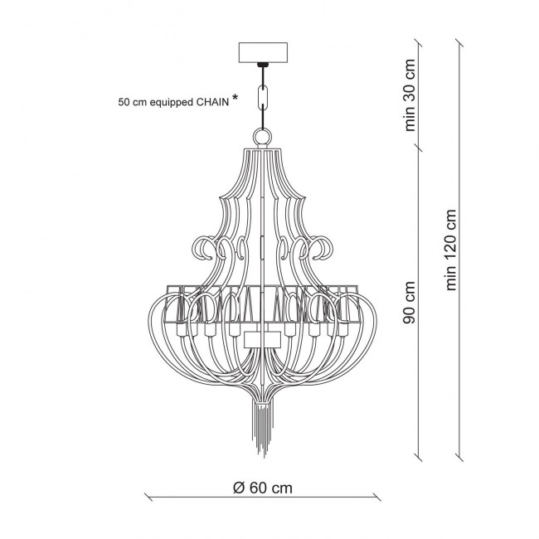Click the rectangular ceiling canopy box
(x=263, y=52)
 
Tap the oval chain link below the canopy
(x=263, y=98)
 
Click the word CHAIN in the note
(x=212, y=102)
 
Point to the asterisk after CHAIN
(x=235, y=98)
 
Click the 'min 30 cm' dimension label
(x=410, y=95)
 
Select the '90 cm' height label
(x=410, y=303)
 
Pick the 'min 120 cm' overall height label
(x=450, y=250)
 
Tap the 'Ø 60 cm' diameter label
(x=263, y=488)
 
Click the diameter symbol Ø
(x=239, y=488)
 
